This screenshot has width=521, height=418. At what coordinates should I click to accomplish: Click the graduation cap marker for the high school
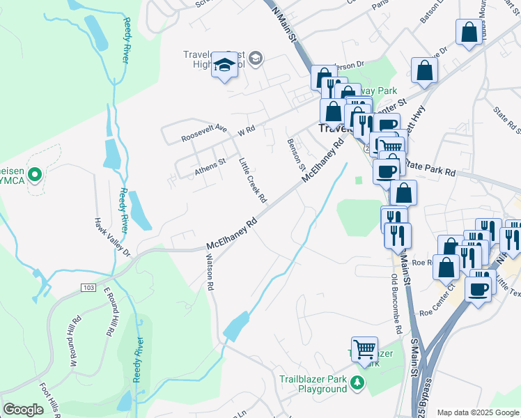pos(224,65)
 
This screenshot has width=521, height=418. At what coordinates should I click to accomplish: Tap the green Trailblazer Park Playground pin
pos(357,382)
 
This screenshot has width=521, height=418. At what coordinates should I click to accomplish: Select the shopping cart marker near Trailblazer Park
pos(364,349)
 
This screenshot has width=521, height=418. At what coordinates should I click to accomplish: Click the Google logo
pos(22,410)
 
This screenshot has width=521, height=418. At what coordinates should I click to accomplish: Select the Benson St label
pos(296,153)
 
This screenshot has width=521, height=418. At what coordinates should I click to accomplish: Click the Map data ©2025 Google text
pos(478,412)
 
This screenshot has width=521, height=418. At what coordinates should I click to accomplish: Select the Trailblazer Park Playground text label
pos(313,385)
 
